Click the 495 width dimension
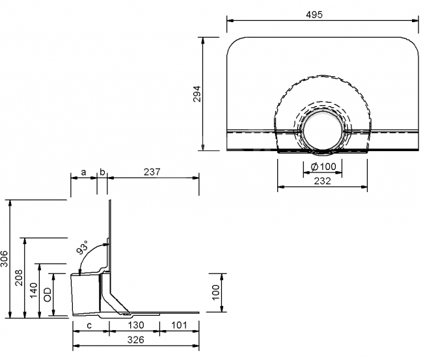click(314, 14)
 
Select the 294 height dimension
click(197, 94)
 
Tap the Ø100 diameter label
click(323, 167)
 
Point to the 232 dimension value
click(322, 181)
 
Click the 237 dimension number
click(152, 172)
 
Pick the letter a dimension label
click(84, 172)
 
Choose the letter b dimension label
click(102, 172)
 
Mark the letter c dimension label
click(89, 325)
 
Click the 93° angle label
click(82, 247)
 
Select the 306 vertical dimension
click(5, 258)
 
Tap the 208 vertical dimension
click(19, 277)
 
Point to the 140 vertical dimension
click(34, 290)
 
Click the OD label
click(48, 294)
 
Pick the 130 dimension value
click(136, 325)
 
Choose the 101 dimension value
click(179, 325)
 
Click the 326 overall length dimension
click(136, 340)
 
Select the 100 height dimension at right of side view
click(216, 292)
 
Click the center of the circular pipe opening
click(323, 131)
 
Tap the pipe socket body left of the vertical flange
click(86, 294)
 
